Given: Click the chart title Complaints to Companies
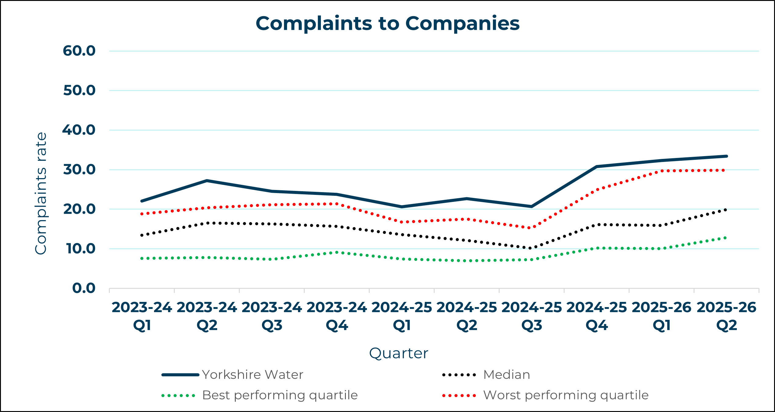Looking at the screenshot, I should [387, 23].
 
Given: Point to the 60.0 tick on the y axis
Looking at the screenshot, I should [79, 51].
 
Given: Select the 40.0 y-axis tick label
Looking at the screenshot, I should [79, 130].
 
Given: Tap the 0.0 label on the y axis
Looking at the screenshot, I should [84, 288].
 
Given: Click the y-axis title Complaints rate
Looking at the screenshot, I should [41, 193].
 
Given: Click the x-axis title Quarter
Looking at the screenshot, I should [398, 353].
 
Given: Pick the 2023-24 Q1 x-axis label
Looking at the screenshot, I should [142, 316].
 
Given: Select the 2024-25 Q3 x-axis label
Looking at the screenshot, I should [532, 316].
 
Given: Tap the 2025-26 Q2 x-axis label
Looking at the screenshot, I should [727, 316].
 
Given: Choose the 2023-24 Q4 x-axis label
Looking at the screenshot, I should [337, 316].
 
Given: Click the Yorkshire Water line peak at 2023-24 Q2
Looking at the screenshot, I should [207, 181].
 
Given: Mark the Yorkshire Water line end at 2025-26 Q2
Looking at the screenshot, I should [726, 156].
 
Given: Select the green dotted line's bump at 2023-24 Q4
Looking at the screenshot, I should [337, 252].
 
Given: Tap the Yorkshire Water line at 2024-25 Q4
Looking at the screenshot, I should [597, 167].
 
